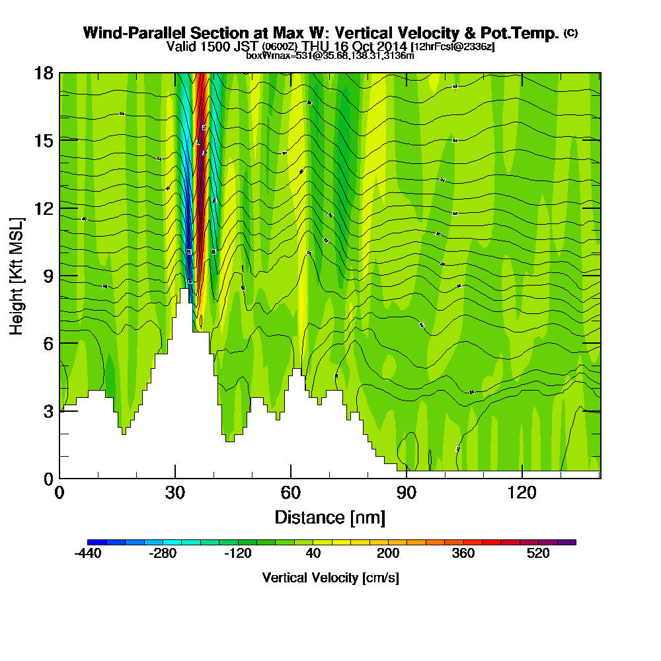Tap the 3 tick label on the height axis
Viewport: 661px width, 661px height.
coord(48,411)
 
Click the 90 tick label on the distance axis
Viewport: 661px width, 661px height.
coord(407,493)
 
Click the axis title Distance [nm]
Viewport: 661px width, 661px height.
coord(330,516)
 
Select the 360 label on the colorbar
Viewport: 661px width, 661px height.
coord(463,554)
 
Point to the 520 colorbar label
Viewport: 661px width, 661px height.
coord(539,554)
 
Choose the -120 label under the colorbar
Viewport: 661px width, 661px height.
coord(238,554)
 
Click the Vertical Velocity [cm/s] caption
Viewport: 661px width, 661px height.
coord(330,578)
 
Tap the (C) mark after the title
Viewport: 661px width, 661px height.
coord(570,33)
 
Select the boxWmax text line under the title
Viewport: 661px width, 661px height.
coord(330,56)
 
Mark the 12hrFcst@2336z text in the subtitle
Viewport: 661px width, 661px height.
coord(453,47)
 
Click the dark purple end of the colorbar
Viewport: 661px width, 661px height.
coord(567,542)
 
